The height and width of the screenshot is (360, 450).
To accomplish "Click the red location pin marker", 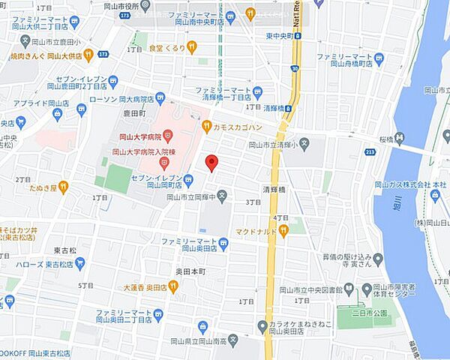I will (x=212, y=162).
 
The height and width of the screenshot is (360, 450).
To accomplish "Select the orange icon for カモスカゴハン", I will (x=206, y=125).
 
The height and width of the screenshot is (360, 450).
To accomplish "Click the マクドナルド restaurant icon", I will (x=283, y=231).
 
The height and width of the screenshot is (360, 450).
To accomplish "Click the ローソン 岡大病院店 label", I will (x=121, y=98).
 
